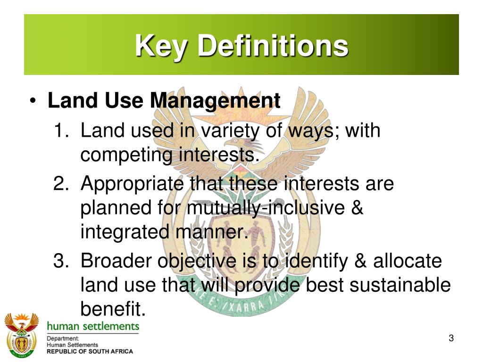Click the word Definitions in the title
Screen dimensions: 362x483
tap(273, 46)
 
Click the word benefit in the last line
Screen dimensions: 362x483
tap(110, 309)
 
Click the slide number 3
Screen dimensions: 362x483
tap(451, 338)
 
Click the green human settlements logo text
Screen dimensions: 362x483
tap(93, 326)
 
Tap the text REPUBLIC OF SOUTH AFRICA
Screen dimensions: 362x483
tap(90, 351)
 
